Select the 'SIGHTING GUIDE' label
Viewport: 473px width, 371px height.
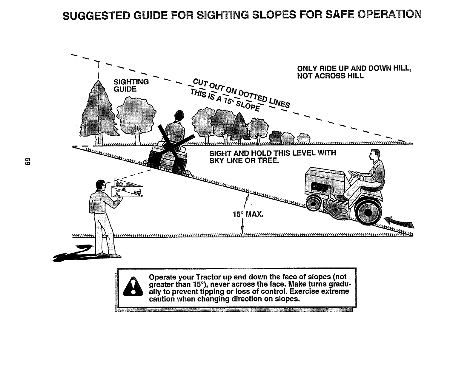tap(131, 85)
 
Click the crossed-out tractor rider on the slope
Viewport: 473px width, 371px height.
tap(170, 143)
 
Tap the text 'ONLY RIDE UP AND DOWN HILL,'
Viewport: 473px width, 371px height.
tap(354, 68)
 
